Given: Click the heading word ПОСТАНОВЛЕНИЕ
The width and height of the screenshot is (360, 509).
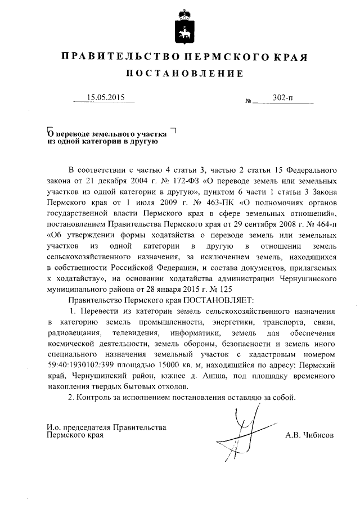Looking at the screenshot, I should click(184, 74).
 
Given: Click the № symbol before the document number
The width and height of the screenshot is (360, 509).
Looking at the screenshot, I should click(249, 102).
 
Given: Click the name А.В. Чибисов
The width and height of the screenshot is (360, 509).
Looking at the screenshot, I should click(309, 435).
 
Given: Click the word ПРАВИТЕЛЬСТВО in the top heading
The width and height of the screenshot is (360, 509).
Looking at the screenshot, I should click(118, 57).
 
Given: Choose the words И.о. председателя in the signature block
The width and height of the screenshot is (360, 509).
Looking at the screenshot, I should click(78, 427).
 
